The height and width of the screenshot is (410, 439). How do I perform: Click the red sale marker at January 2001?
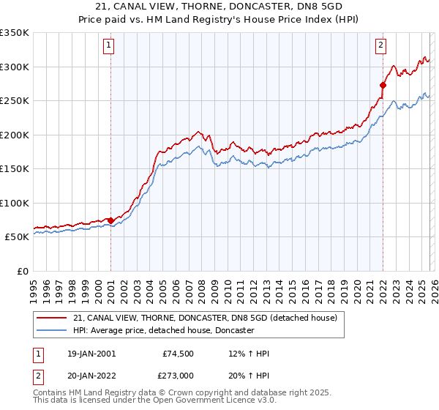pos(110,220)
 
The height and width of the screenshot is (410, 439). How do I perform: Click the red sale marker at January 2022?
pos(383,85)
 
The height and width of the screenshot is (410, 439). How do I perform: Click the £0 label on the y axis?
pos(22,271)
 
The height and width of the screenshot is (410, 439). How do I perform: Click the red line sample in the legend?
pos(52,318)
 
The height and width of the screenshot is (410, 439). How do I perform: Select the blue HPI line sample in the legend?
pos(52,330)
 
